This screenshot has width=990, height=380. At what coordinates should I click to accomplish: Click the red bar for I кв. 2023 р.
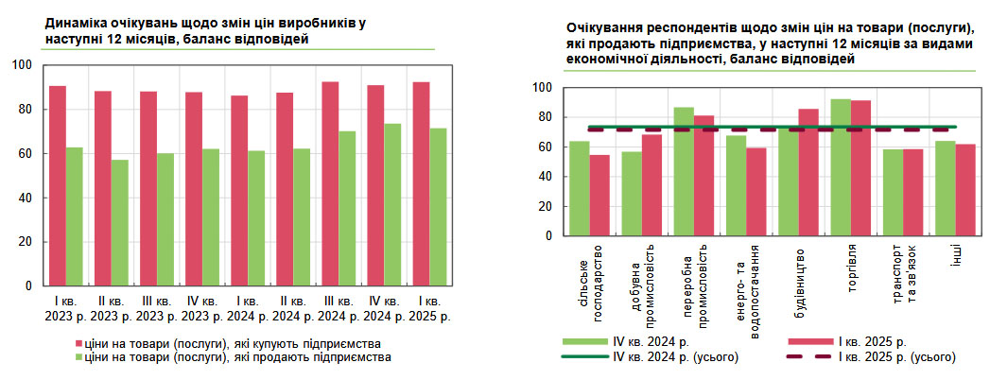[x=58, y=185]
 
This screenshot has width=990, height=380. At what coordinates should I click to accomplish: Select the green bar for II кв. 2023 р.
[x=120, y=222]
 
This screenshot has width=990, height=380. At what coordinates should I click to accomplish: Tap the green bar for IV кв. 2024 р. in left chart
[x=392, y=204]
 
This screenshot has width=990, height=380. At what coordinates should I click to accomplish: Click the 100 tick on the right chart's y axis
[x=542, y=88]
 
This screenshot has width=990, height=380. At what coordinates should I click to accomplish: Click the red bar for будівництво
[x=808, y=171]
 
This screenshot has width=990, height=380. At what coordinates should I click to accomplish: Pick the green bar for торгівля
[x=841, y=166]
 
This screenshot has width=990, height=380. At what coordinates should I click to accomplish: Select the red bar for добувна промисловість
[x=651, y=184]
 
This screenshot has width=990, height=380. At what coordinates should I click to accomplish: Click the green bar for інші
[x=945, y=187]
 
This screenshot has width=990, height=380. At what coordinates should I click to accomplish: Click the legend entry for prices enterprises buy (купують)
[x=232, y=342]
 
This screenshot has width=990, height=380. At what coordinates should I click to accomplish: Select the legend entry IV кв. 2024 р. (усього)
[x=662, y=357]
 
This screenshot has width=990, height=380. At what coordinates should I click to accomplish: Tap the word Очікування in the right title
[x=606, y=27]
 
